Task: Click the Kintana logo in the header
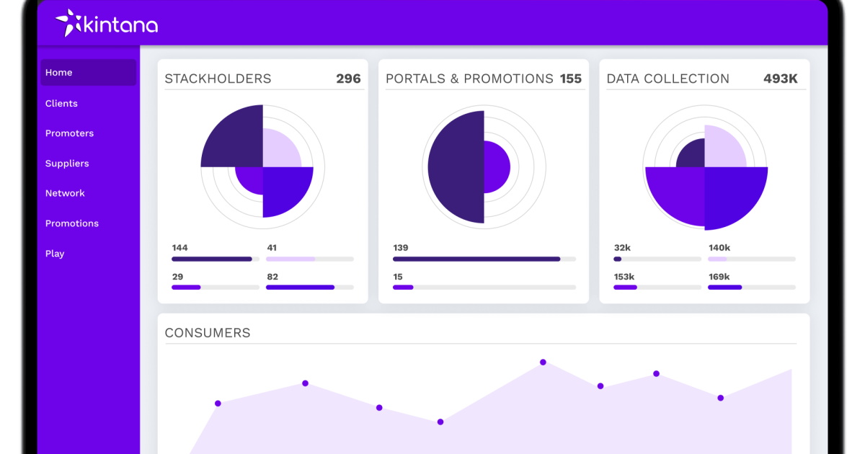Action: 107,24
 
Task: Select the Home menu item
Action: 59,73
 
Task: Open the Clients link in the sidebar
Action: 61,104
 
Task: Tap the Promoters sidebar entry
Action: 69,133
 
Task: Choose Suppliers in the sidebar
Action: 67,164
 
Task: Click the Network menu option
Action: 65,193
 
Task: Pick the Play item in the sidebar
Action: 55,254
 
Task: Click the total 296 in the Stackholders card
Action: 348,79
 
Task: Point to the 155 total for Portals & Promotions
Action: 570,79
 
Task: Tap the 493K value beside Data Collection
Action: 780,79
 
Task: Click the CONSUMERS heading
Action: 208,333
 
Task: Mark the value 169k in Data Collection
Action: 719,277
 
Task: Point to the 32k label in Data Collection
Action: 622,248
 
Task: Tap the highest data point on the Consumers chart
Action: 543,362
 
